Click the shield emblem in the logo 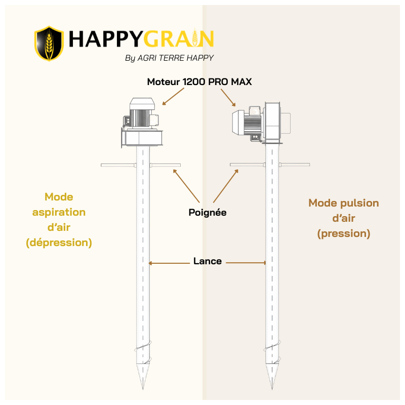49,44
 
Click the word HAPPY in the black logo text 105,39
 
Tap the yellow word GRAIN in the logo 179,39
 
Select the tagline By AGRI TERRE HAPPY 170,58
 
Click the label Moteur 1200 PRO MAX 199,82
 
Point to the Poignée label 208,213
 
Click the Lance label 208,261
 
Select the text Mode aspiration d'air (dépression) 59,220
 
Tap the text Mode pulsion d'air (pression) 344,218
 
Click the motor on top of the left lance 142,123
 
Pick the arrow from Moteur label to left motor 173,97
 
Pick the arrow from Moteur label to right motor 228,98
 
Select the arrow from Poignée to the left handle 186,186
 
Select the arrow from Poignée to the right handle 226,186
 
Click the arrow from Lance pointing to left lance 169,263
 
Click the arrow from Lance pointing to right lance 246,263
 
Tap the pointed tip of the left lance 143,389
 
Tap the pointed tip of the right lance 272,389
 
